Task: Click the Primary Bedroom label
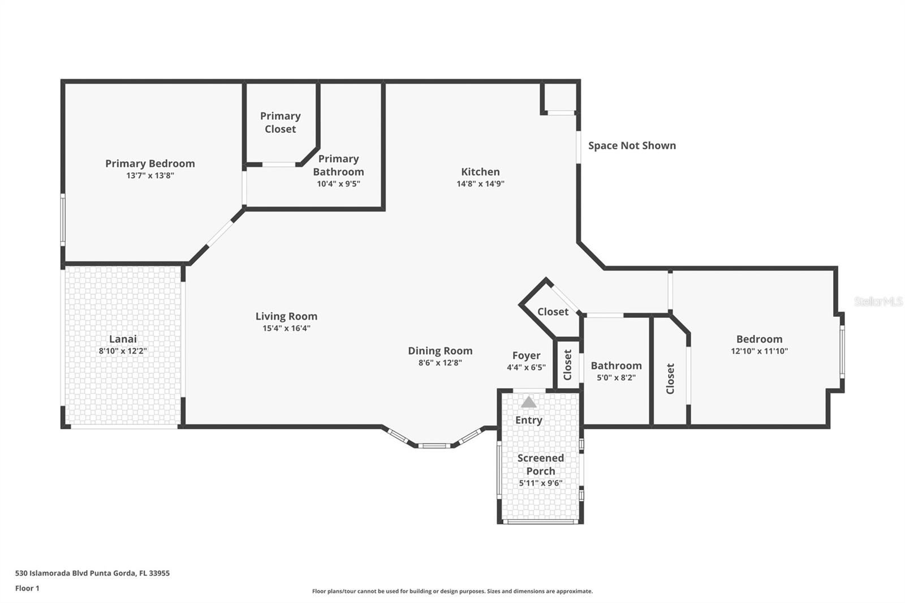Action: (150, 163)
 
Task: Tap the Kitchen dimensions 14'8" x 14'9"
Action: (480, 184)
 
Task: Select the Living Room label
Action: (286, 316)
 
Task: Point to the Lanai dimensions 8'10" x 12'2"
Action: (123, 351)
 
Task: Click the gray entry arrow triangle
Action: (528, 402)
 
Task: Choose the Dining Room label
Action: (440, 350)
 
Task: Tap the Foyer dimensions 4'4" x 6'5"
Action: (526, 367)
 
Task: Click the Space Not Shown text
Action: (632, 145)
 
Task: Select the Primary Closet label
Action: (281, 122)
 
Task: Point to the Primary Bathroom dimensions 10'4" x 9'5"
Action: (339, 184)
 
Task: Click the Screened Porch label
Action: (541, 464)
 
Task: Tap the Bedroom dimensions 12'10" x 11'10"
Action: (759, 351)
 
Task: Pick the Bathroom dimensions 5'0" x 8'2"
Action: (616, 377)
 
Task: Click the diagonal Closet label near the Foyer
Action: (553, 312)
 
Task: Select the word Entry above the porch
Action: (528, 420)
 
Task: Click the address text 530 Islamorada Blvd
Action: (51, 573)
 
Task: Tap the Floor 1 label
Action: (27, 588)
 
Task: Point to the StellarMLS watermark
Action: (878, 301)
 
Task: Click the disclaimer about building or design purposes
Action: (452, 591)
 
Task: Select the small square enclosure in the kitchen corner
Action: (559, 97)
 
